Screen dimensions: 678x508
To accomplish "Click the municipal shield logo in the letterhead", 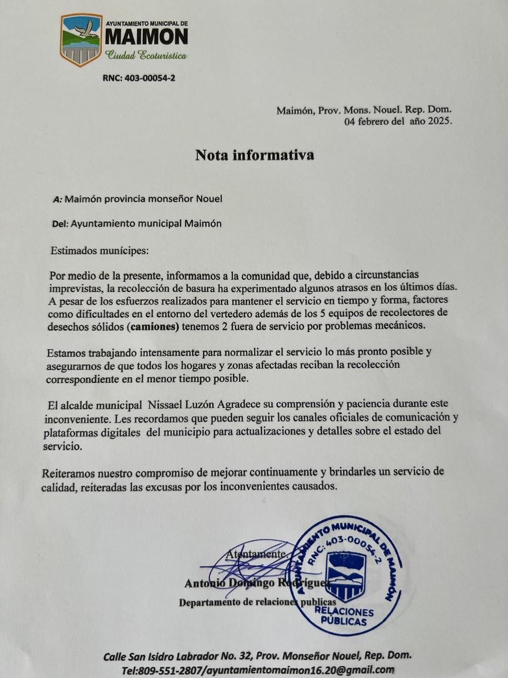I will pos(81,40).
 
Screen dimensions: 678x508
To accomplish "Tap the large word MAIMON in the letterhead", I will pos(146,37).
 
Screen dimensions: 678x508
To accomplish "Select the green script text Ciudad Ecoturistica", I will pos(146,55).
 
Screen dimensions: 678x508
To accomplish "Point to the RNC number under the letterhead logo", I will pos(139,78).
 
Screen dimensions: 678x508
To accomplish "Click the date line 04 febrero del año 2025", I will pos(398,121).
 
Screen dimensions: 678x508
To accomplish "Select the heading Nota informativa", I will pos(255,155).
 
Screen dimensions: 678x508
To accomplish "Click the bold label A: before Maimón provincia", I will pos(58,199).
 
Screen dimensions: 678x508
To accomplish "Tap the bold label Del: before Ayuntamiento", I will pos(60,224).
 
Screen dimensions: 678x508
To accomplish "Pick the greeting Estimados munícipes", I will pos(99,251).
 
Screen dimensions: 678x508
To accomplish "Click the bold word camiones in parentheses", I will pos(153,327).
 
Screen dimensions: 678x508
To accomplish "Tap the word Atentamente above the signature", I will pos(257,554).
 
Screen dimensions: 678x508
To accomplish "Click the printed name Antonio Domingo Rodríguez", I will pos(256,583).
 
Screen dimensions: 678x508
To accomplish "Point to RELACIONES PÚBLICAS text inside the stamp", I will pos(343,617).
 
